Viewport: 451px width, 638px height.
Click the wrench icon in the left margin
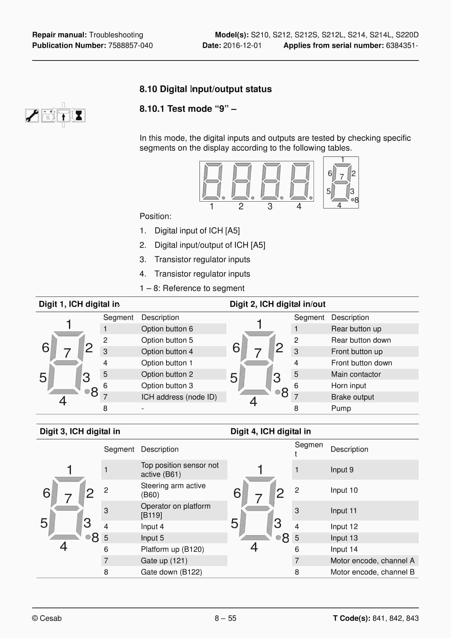point(32,115)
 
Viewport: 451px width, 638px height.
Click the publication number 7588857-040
point(130,46)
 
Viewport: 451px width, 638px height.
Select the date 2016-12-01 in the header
point(242,46)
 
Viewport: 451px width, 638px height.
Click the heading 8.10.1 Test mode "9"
point(188,109)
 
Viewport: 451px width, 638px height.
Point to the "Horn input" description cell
point(348,386)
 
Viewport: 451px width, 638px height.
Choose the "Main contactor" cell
point(356,374)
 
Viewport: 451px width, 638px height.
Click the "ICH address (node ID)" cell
point(179,397)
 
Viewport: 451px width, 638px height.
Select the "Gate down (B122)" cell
point(171,572)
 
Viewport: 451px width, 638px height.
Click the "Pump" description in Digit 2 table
point(341,408)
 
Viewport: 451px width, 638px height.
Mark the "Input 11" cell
point(343,511)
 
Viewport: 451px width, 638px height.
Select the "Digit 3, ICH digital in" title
point(80,431)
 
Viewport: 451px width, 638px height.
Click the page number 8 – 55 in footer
point(225,618)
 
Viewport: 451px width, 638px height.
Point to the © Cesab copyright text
point(47,618)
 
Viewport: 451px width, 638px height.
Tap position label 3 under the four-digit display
point(270,206)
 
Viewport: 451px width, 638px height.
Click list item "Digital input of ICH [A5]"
point(197,231)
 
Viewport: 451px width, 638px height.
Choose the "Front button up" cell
point(357,352)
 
